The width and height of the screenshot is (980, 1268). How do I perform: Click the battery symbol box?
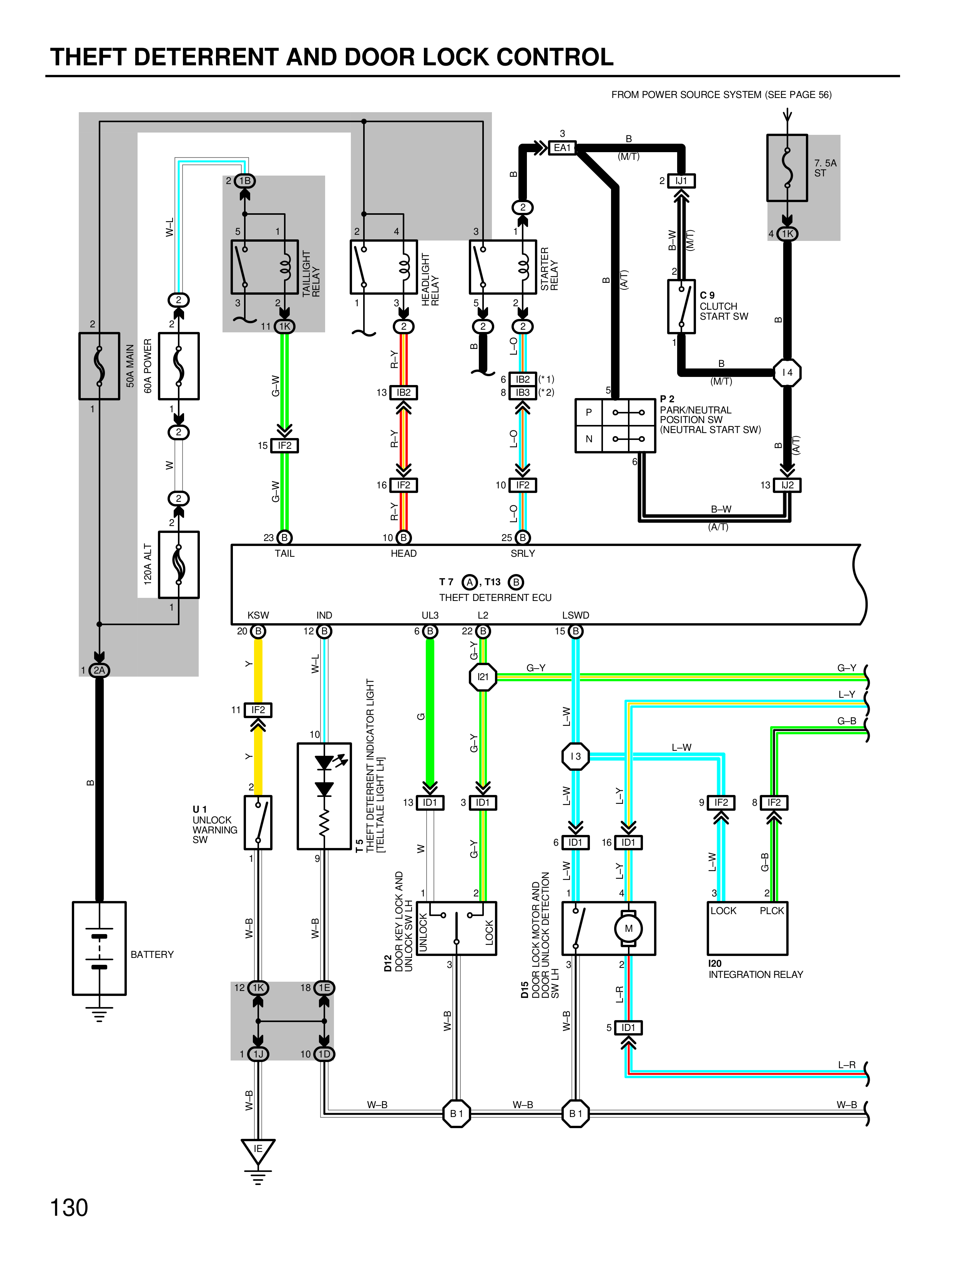99,948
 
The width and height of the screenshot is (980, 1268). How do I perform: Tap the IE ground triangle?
258,1151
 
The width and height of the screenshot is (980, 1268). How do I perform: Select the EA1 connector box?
562,148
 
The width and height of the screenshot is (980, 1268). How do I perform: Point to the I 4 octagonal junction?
787,372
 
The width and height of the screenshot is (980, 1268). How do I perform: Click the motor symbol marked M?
628,928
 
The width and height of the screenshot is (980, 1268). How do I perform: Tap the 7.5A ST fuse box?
787,168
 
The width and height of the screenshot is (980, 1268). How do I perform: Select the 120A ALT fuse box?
179,564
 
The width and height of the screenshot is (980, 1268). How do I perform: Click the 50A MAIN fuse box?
99,366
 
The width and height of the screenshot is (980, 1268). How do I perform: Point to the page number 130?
69,1208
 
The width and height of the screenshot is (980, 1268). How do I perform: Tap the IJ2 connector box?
787,485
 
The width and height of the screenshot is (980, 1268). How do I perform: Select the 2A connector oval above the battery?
99,671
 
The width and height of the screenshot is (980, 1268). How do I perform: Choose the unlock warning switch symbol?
258,823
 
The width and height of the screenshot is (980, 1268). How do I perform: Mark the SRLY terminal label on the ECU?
523,554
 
